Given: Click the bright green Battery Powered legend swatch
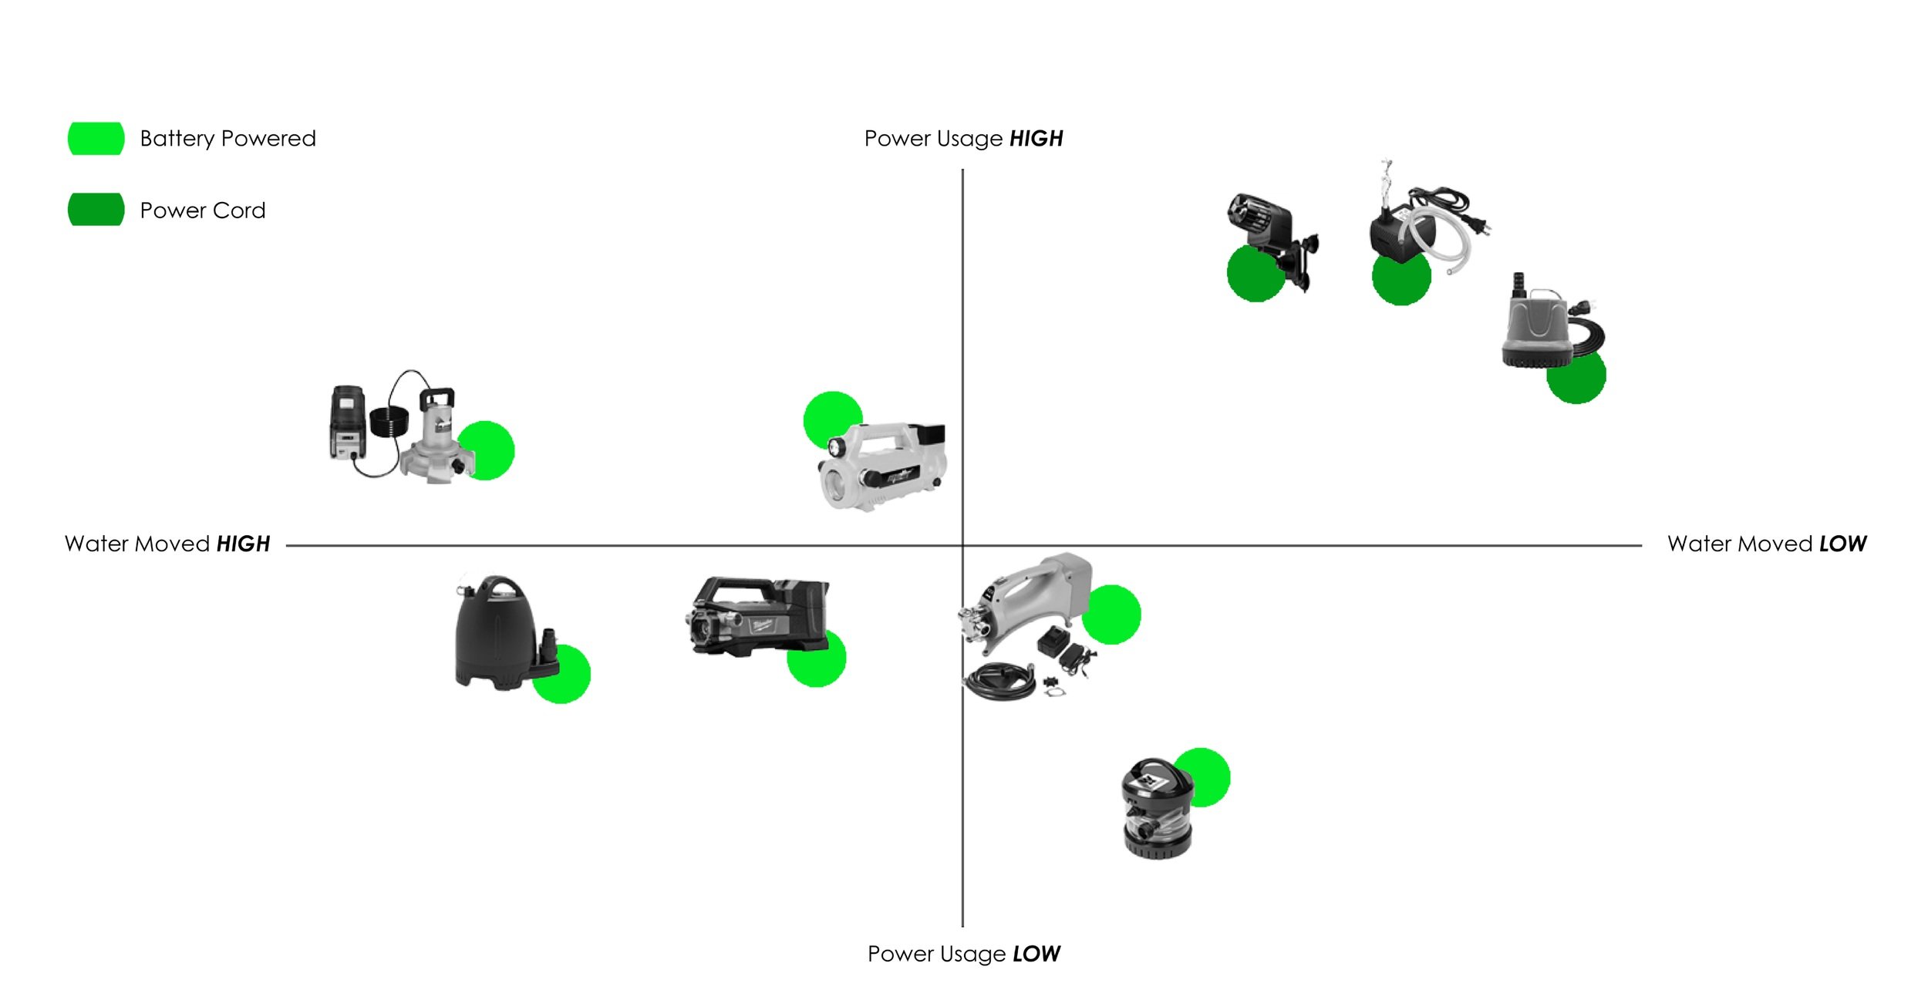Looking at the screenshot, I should (x=96, y=139).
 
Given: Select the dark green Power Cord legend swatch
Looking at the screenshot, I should (x=96, y=210).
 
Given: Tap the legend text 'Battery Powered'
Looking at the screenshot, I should (x=228, y=139).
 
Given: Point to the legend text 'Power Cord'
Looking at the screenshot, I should (x=202, y=210).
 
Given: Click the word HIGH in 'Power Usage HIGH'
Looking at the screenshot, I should (x=1036, y=139).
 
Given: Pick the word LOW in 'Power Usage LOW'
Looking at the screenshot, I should (x=1036, y=955).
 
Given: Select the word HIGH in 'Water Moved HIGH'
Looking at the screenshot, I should (x=243, y=544).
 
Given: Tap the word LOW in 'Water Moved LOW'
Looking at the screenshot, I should (x=1842, y=544).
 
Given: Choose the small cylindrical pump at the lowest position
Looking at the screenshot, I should (x=1157, y=810).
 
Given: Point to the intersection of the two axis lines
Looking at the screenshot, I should (x=962, y=545).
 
